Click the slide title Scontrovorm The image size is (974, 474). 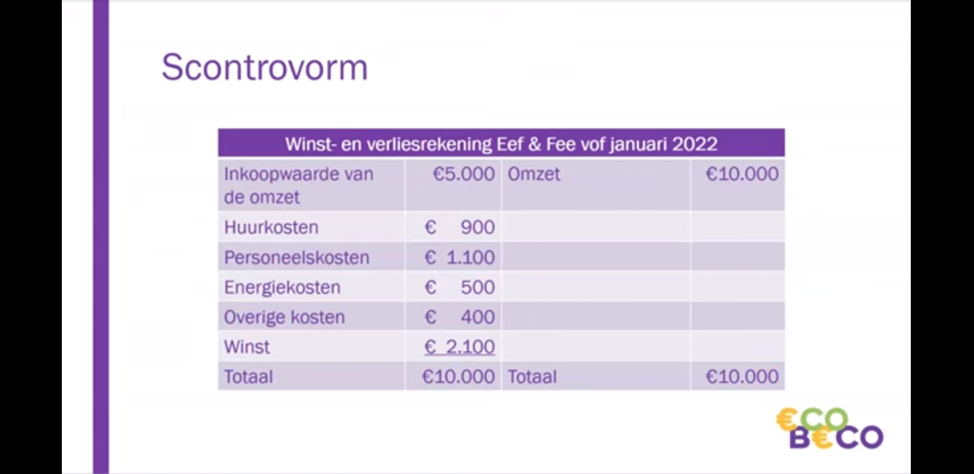265,67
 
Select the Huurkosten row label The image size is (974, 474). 271,227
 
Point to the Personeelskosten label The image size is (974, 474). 297,257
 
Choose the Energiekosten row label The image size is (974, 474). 282,287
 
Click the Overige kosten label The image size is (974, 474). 284,317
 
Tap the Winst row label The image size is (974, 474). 247,347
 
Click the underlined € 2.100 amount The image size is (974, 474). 460,347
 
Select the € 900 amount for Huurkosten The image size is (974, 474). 460,227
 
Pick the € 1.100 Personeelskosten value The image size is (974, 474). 460,257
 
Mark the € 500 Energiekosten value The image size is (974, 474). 460,287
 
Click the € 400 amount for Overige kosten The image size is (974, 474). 460,317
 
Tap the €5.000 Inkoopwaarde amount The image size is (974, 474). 464,174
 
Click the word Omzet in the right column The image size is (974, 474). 534,174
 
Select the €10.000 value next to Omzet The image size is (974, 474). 742,174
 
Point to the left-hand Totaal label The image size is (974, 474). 248,377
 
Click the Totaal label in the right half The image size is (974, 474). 532,377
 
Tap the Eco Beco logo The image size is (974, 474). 830,428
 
